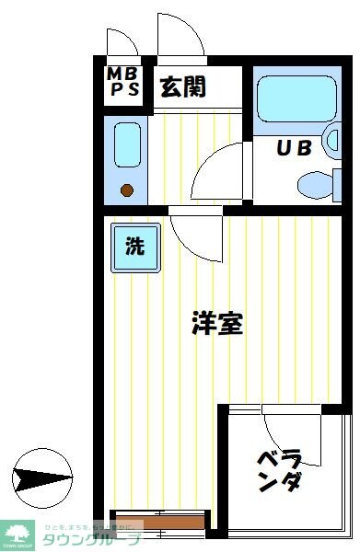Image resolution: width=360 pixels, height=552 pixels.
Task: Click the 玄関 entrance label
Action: (183, 87)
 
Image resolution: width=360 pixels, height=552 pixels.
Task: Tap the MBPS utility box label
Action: (122, 82)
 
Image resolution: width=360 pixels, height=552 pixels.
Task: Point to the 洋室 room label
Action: (217, 323)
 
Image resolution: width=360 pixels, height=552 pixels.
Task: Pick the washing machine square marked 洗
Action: (135, 247)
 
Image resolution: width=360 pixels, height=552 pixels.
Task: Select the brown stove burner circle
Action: (127, 191)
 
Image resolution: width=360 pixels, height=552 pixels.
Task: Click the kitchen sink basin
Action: (126, 145)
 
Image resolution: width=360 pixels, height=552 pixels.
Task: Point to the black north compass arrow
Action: (41, 477)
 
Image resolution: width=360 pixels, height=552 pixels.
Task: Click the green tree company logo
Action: (17, 533)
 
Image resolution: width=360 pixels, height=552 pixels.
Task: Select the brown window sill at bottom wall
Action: (157, 523)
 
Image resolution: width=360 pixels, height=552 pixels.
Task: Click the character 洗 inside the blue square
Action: (135, 247)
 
